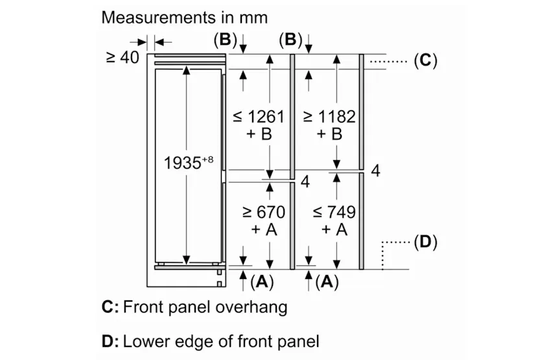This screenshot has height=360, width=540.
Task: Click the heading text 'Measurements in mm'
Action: coord(184,18)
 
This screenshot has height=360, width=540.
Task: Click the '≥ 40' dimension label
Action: coord(123,57)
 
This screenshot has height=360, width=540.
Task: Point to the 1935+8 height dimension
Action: coord(189,162)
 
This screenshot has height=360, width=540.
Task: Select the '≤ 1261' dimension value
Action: coord(259,117)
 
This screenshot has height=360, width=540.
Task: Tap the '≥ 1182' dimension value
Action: coord(329,117)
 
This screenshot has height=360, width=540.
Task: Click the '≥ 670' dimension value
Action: coord(264,212)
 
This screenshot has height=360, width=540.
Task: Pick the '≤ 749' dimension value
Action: coord(334,212)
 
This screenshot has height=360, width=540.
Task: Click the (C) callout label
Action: coord(426,60)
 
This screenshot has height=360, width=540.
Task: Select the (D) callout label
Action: coord(426,242)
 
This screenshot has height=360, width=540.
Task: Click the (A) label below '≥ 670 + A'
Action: coord(262,282)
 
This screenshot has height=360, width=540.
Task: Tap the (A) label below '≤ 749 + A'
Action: coord(327,282)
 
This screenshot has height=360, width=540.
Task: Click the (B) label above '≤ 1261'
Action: coord(225,40)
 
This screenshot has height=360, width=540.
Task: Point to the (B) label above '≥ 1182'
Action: coord(290,40)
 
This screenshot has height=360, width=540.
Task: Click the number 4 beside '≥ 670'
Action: coord(305,182)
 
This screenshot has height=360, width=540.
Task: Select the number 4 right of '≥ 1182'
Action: coord(376,171)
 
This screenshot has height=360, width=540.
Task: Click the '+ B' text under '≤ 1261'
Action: coord(259,134)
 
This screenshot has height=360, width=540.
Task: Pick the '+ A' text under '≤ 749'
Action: coord(334,229)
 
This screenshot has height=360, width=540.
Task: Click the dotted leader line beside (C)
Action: coord(388,62)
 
